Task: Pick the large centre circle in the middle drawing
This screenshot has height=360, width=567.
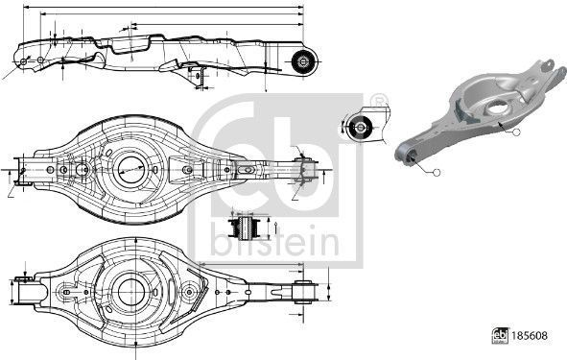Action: pyautogui.click(x=131, y=170)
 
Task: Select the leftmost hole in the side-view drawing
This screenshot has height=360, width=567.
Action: pyautogui.click(x=25, y=60)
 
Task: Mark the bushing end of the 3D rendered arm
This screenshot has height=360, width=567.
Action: pyautogui.click(x=407, y=150)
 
